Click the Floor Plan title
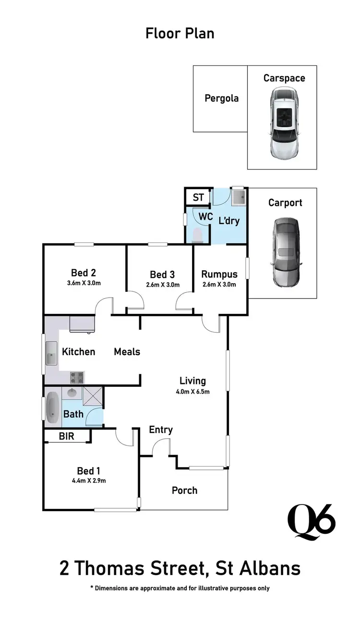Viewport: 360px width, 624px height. tap(180, 34)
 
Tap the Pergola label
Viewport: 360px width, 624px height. tap(221, 98)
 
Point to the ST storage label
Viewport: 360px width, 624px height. tap(198, 197)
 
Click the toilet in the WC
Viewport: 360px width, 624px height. tap(197, 235)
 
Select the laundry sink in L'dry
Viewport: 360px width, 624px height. tap(238, 197)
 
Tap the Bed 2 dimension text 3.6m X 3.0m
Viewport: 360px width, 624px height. tap(84, 283)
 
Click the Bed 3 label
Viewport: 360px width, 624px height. tap(162, 275)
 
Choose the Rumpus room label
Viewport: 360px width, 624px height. tap(219, 275)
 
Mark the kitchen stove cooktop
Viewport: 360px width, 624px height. tap(77, 377)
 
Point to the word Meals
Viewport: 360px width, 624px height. tap(127, 352)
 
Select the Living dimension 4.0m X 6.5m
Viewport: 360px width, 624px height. tap(192, 391)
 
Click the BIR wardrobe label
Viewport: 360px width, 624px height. tap(67, 436)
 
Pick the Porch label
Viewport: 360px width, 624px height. tap(184, 490)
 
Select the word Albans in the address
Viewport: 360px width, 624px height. tap(266, 568)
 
